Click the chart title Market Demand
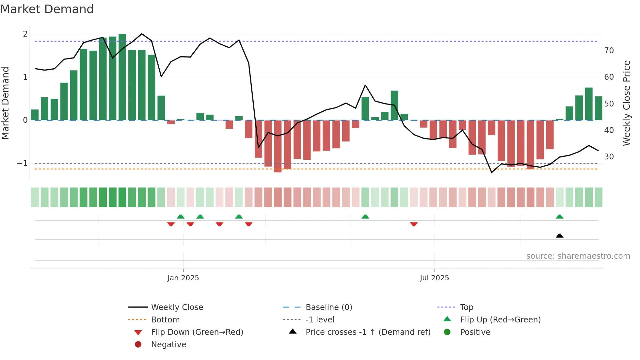tap(47, 9)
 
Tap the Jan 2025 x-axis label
tap(183, 278)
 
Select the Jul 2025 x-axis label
tap(434, 278)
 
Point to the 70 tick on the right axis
tap(609, 51)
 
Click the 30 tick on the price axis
tap(609, 157)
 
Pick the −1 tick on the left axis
tap(22, 163)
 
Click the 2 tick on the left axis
tap(25, 34)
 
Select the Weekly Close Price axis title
tap(626, 103)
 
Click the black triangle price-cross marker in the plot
tap(560, 236)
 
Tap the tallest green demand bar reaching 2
tap(122, 77)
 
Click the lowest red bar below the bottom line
tap(278, 146)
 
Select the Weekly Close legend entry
tap(177, 307)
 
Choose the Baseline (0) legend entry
tap(328, 307)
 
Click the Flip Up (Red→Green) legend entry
tap(500, 320)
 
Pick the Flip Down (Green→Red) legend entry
tap(197, 332)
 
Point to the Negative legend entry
tap(168, 345)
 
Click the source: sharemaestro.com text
tap(578, 256)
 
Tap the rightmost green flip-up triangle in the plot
tap(560, 217)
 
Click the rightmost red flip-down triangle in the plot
tap(414, 224)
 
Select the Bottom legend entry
tap(165, 320)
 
